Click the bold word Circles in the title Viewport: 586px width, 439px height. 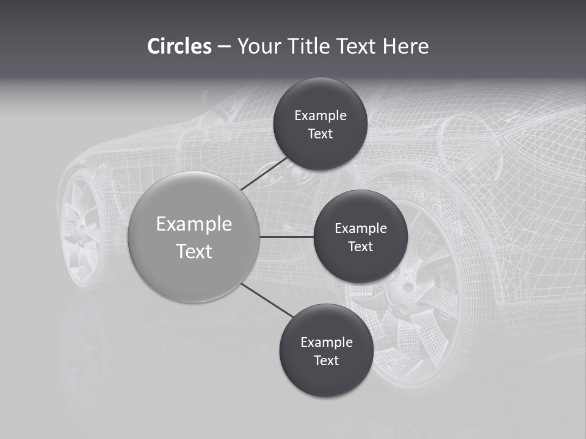[x=179, y=46]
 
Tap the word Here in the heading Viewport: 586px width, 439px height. [x=405, y=46]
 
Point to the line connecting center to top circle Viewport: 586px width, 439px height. [x=265, y=173]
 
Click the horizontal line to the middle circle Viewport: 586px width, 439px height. [x=287, y=237]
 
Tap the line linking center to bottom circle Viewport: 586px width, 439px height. [x=267, y=300]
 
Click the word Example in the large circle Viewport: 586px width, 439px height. [x=194, y=224]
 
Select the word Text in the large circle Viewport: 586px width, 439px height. [x=194, y=251]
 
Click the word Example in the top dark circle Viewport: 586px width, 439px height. [x=320, y=115]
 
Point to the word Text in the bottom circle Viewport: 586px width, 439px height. [x=326, y=360]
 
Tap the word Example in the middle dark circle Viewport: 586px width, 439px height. [x=360, y=228]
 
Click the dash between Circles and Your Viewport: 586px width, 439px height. [x=224, y=46]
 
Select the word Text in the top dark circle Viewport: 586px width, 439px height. [x=320, y=134]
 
